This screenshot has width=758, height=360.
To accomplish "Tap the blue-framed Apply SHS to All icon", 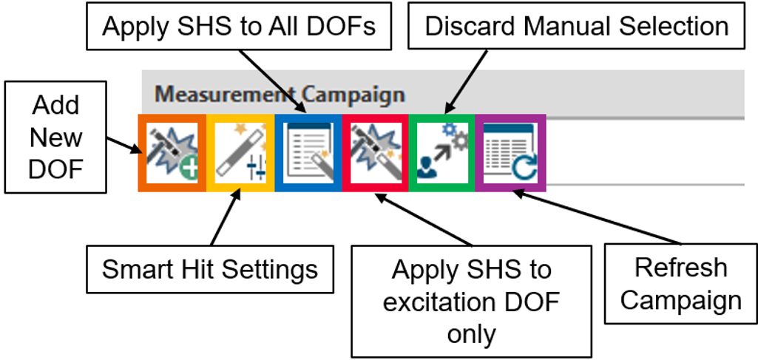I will (308, 153).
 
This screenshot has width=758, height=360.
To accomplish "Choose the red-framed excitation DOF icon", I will (376, 153).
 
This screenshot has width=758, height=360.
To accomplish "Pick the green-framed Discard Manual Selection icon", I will (442, 153).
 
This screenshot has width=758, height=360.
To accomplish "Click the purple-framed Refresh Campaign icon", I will (510, 153).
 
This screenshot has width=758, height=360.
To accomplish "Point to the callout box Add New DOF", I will (55, 137).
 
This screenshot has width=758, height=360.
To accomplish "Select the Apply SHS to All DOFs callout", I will (239, 27).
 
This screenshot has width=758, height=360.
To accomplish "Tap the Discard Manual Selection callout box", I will (577, 27).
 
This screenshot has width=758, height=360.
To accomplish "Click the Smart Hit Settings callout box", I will (209, 269).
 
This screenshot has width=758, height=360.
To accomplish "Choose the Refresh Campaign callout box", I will (680, 284).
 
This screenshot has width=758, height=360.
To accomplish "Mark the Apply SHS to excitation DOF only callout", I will (471, 302).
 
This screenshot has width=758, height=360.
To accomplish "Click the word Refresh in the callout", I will (680, 268).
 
